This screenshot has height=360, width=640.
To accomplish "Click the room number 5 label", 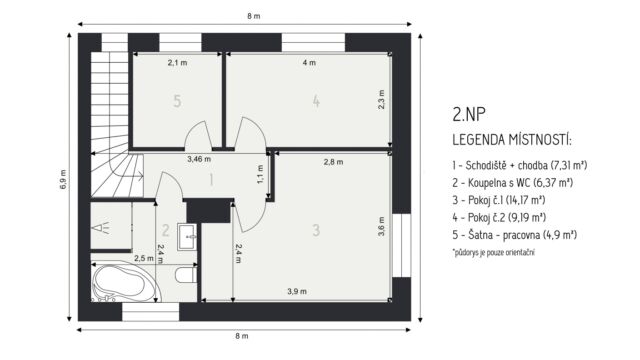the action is [x=177, y=101].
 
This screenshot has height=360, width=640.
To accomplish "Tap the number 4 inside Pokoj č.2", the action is [x=316, y=101].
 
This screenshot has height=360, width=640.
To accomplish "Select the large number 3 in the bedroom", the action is [x=316, y=230].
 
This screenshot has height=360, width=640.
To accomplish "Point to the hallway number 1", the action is [x=211, y=180].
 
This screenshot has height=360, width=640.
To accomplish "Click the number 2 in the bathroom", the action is [x=165, y=230].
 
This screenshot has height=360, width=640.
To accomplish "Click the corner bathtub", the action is [x=124, y=282].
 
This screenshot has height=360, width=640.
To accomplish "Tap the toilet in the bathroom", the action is [x=186, y=273].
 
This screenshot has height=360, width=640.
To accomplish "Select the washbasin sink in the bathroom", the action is [x=187, y=237].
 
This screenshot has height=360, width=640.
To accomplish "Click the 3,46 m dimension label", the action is [x=199, y=159].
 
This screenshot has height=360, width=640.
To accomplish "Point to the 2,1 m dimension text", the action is [x=177, y=62].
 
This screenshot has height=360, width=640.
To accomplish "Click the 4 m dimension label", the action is [x=309, y=62].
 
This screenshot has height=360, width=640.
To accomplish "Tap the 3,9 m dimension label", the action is [x=297, y=291].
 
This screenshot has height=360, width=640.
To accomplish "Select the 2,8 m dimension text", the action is [x=333, y=162].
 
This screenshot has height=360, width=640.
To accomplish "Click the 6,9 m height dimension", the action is [x=64, y=179].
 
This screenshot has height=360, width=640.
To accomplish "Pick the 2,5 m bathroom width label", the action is [x=144, y=258].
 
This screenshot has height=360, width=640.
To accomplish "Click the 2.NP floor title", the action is [x=469, y=114].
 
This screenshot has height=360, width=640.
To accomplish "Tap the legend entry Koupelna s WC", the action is [x=513, y=182].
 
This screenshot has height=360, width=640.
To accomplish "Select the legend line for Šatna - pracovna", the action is [x=514, y=235].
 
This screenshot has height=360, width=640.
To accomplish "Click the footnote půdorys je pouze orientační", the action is [x=493, y=252].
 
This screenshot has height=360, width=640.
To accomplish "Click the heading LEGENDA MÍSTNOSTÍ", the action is [x=512, y=140].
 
